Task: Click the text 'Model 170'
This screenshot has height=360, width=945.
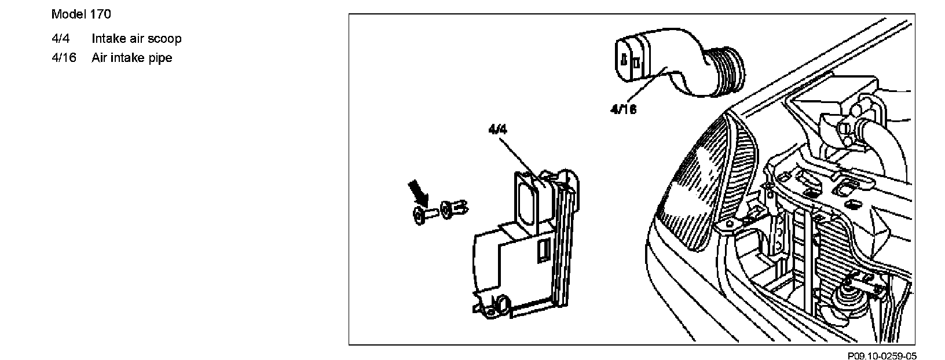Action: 81,14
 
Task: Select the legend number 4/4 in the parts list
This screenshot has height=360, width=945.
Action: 60,39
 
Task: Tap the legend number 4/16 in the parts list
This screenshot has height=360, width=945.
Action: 64,58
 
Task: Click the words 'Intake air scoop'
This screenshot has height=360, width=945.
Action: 136,39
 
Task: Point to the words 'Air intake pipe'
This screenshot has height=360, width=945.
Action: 131,58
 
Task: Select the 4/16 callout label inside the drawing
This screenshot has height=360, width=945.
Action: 623,109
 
